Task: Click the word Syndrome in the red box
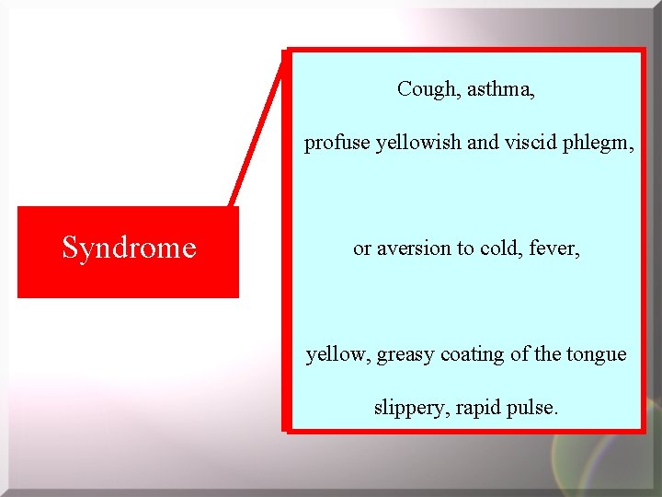pyautogui.click(x=129, y=248)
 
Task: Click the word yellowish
pyautogui.click(x=414, y=143)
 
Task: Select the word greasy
pyautogui.click(x=405, y=354)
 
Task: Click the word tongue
pyautogui.click(x=596, y=355)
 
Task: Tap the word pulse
pyautogui.click(x=532, y=408)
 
